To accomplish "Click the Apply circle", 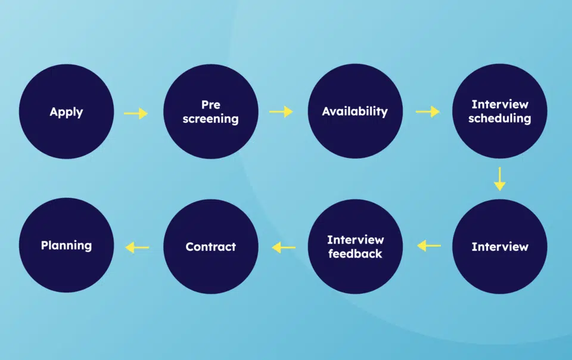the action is [x=66, y=111].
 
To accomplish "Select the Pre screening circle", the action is [x=211, y=111].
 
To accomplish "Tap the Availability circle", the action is [x=355, y=111].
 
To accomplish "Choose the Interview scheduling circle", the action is [x=500, y=111].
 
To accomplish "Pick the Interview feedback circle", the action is [x=355, y=247].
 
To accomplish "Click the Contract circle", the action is [x=211, y=247].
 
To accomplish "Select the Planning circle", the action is [x=66, y=245].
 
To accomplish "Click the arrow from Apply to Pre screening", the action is [x=136, y=113].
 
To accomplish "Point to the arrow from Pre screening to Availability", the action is [x=281, y=111].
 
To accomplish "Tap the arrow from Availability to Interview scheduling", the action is [x=428, y=111].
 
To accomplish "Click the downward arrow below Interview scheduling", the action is [x=500, y=179].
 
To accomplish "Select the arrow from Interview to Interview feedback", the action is [x=429, y=246].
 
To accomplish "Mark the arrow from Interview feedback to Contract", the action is [x=284, y=248].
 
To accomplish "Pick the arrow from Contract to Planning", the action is [x=137, y=248].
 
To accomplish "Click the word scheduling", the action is [x=500, y=119].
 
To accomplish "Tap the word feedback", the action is [x=355, y=253].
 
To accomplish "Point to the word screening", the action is [x=211, y=119].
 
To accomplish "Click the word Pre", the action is [x=211, y=105].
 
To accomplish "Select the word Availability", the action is [x=355, y=111].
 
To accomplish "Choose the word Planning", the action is [x=66, y=246].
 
